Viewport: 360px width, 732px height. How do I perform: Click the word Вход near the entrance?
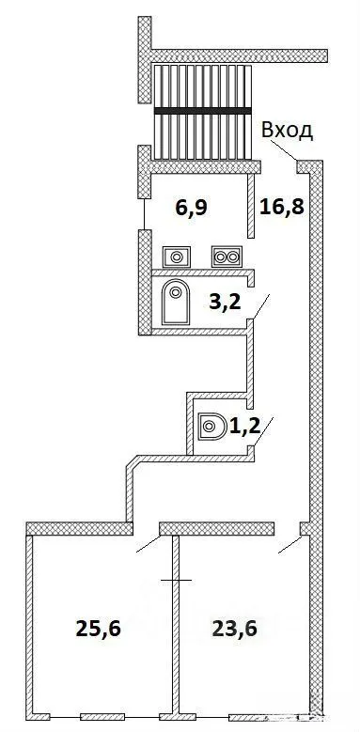click(287, 132)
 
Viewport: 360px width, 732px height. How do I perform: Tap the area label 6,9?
click(192, 209)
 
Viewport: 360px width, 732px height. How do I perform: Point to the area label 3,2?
click(225, 302)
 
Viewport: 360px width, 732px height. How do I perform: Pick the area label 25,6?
click(98, 629)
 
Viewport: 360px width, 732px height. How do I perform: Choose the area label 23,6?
click(235, 629)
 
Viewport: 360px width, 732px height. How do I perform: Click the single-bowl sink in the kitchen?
click(177, 257)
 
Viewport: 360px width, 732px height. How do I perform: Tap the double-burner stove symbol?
click(227, 257)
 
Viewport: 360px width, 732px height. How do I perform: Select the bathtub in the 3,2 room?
click(176, 302)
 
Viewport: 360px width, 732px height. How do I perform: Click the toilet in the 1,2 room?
click(211, 427)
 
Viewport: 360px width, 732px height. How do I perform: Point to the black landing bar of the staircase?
click(203, 111)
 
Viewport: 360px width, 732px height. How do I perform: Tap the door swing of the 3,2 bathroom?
click(261, 306)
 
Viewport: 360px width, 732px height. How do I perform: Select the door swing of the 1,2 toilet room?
click(263, 432)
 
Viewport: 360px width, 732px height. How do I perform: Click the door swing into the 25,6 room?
click(149, 544)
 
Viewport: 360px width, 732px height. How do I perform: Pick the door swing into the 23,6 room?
click(290, 545)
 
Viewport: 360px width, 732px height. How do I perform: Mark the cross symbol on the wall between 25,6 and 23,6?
click(176, 581)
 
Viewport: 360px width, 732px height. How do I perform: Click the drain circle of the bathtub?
click(176, 293)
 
